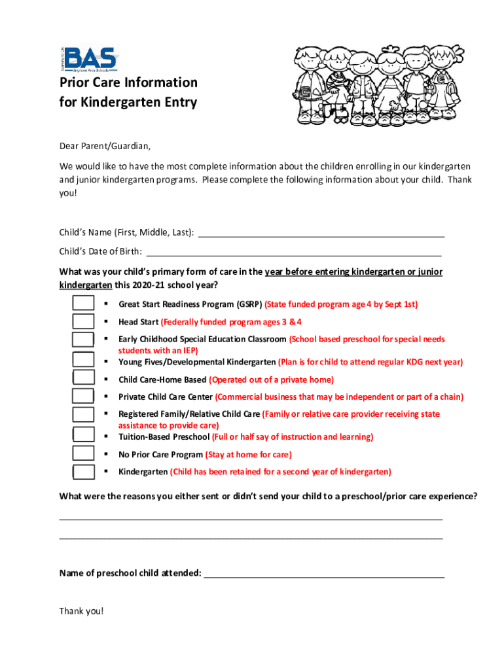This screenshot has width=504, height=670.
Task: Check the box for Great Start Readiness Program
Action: [82, 304]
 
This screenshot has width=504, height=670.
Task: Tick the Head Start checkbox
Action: [82, 321]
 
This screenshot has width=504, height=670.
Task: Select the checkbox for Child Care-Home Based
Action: [82, 378]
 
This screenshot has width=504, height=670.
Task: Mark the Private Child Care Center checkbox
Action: [82, 396]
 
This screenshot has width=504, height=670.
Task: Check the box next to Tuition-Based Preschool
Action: [82, 435]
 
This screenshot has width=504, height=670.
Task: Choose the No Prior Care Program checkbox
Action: [82, 453]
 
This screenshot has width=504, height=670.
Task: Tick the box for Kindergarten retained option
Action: [82, 472]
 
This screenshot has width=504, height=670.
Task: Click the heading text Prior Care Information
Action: [128, 82]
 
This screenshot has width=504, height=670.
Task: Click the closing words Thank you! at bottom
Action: [81, 611]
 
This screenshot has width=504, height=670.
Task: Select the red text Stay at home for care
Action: [249, 455]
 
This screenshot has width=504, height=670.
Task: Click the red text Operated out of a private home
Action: [272, 379]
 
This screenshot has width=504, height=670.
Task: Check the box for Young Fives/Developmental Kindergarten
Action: [82, 359]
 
